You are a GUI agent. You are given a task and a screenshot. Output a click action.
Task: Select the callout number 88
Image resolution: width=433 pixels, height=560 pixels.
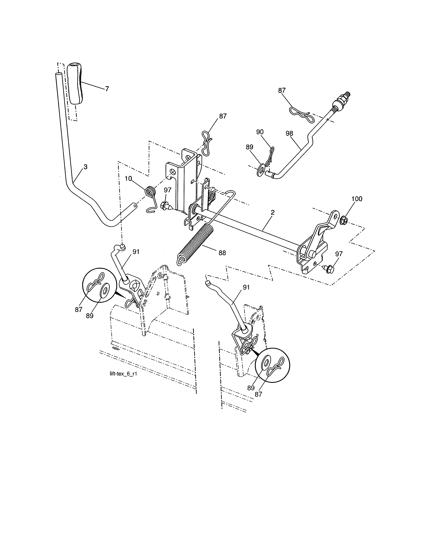(222, 253)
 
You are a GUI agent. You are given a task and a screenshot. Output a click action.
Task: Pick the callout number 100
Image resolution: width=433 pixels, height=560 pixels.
(357, 199)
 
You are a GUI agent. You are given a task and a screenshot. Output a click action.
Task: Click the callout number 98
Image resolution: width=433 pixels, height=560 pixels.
(289, 133)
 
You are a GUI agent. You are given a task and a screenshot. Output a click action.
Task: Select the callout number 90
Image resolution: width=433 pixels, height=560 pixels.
(260, 132)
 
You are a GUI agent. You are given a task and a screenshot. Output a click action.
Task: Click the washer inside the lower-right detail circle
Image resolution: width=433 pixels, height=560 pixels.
(266, 363)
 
